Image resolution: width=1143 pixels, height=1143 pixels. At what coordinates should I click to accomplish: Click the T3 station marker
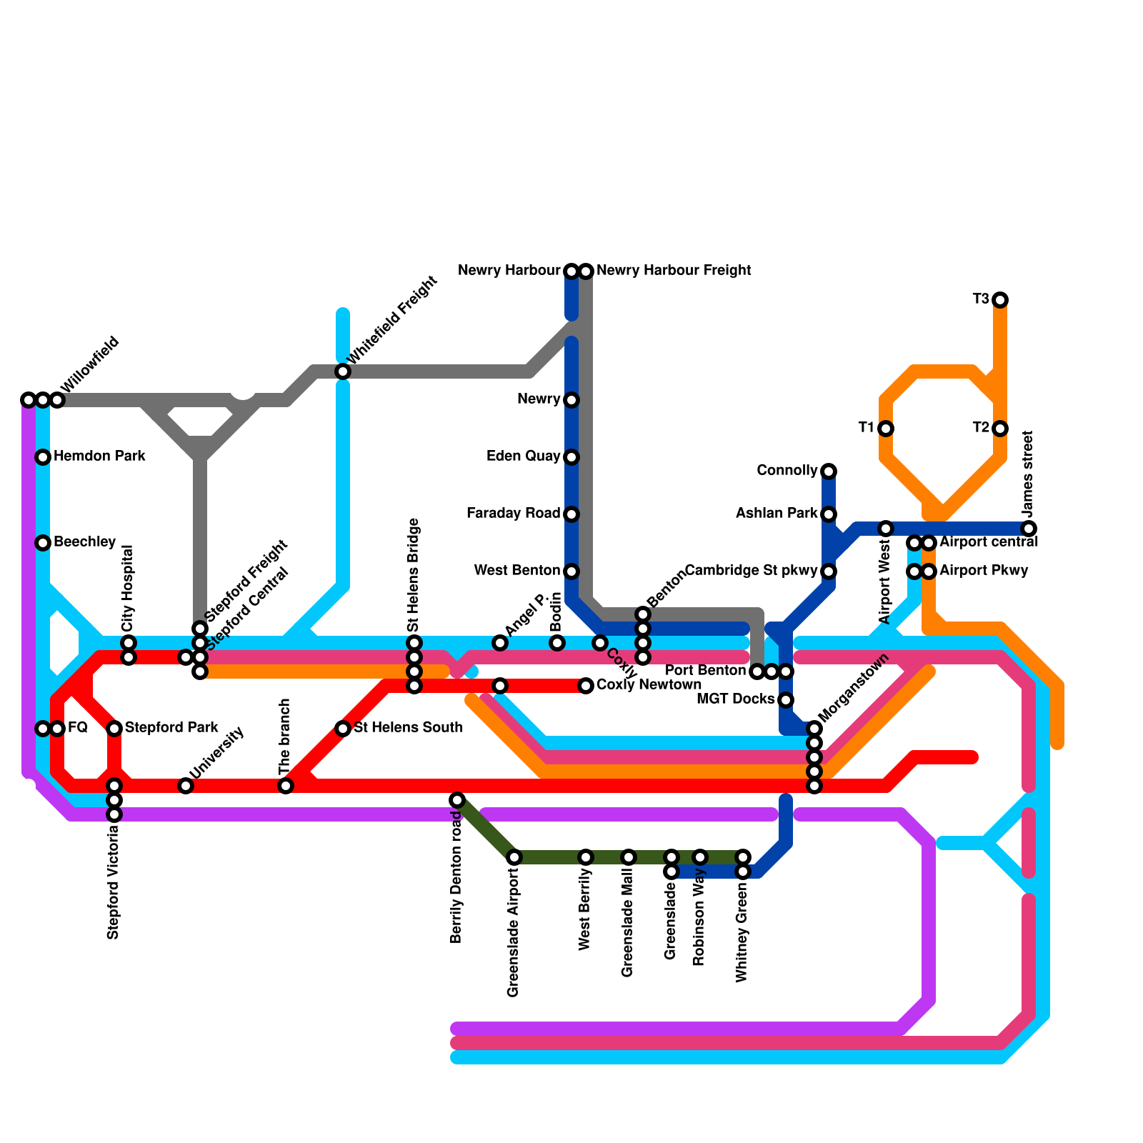(1000, 299)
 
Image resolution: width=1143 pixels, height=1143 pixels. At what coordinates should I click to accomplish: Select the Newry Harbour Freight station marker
(586, 271)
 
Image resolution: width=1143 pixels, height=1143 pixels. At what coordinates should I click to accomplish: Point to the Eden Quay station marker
(571, 456)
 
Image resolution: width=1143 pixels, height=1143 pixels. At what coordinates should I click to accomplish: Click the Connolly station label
(787, 471)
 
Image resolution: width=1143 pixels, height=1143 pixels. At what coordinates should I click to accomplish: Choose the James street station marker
(1029, 528)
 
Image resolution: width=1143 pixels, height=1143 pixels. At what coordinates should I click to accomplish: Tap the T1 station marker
(886, 428)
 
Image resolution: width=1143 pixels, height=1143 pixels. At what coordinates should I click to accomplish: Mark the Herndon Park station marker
(43, 456)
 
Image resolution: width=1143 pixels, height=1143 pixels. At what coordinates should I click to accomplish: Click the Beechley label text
(84, 542)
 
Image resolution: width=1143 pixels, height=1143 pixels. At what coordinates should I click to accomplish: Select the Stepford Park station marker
(114, 728)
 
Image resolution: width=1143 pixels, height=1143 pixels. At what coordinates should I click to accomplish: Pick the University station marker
(186, 786)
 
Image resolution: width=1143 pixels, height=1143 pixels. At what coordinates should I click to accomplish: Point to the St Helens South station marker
(343, 728)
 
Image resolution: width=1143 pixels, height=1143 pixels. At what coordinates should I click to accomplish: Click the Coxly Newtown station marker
(586, 686)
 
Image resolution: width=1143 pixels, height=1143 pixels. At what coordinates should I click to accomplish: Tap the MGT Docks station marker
(786, 699)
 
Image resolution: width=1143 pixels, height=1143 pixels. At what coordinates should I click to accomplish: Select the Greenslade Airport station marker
(514, 857)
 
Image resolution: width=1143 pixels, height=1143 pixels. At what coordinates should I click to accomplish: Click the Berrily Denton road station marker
(457, 799)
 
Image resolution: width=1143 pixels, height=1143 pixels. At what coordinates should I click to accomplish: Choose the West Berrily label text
(586, 908)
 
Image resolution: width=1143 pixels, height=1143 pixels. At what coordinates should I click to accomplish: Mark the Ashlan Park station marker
(829, 514)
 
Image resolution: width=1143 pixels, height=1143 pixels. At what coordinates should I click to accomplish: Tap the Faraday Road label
(513, 514)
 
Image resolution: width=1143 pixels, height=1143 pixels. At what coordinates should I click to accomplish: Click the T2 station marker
(1000, 428)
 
